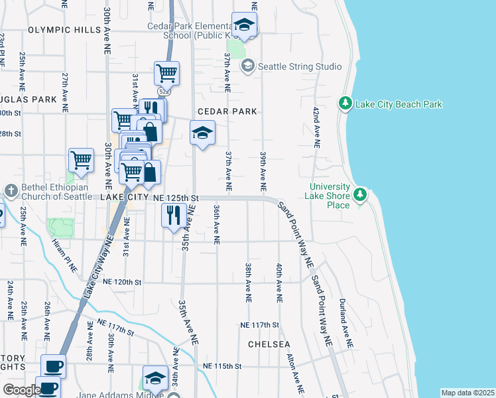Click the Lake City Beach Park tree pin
[345, 104]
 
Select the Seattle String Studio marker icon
[248, 66]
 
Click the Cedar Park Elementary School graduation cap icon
[245, 25]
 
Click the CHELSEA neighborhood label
[269, 344]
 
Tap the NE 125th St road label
[176, 198]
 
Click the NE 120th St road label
[123, 282]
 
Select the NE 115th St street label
[222, 366]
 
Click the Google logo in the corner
[22, 390]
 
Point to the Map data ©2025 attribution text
[467, 393]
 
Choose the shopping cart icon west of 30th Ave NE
[81, 160]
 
